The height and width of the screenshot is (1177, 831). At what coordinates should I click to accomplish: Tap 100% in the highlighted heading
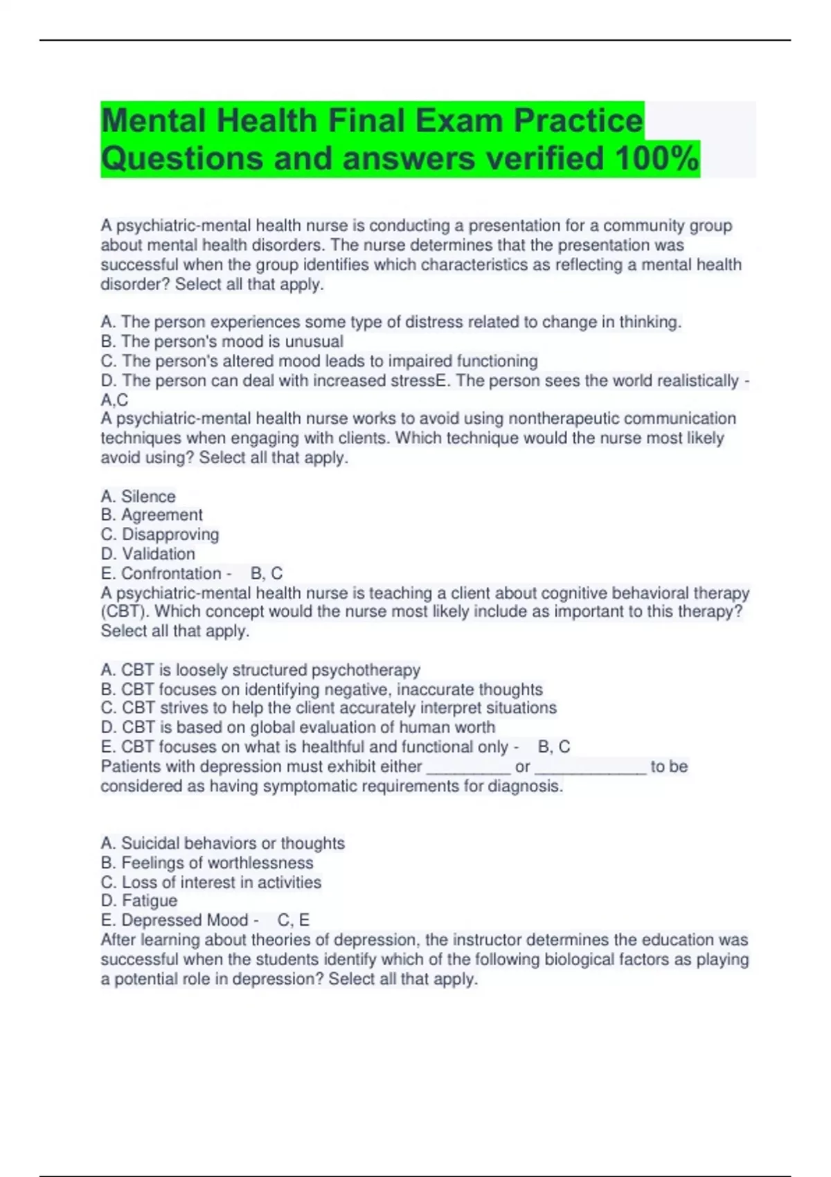(x=656, y=159)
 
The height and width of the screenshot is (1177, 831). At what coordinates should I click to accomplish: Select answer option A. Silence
(x=138, y=496)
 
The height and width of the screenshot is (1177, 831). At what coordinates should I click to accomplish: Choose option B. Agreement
(x=152, y=515)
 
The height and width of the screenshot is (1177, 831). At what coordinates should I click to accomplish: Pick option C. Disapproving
(x=159, y=534)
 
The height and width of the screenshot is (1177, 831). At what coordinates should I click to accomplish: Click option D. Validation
(x=148, y=554)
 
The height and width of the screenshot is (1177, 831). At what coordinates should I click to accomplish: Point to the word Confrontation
(x=171, y=573)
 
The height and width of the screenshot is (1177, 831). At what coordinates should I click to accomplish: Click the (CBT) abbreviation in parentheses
(x=125, y=612)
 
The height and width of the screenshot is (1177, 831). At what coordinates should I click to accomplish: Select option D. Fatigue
(x=138, y=901)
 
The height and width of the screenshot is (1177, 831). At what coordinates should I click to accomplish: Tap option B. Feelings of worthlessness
(x=206, y=863)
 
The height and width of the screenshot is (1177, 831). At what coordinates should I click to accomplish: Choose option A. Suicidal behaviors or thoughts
(x=222, y=843)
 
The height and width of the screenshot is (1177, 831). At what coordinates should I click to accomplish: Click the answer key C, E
(x=294, y=920)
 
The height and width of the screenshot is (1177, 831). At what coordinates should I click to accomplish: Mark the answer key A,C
(x=114, y=400)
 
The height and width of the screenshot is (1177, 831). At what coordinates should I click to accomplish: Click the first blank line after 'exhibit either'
(x=469, y=767)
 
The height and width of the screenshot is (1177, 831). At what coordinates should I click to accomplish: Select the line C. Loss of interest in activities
(x=211, y=882)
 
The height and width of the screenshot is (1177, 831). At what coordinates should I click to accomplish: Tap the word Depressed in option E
(x=150, y=920)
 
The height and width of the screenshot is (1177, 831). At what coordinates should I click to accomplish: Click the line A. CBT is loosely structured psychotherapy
(x=260, y=670)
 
